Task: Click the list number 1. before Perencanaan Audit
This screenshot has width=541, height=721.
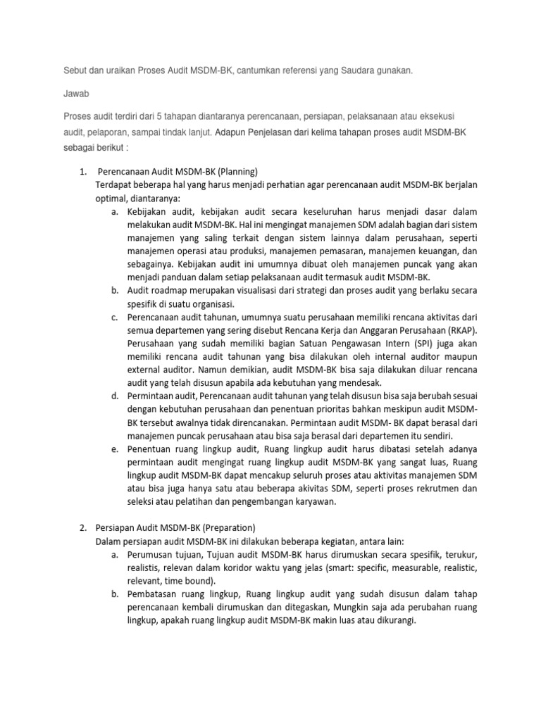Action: pos(82,171)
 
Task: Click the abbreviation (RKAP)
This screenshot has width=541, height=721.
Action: pos(451,332)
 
